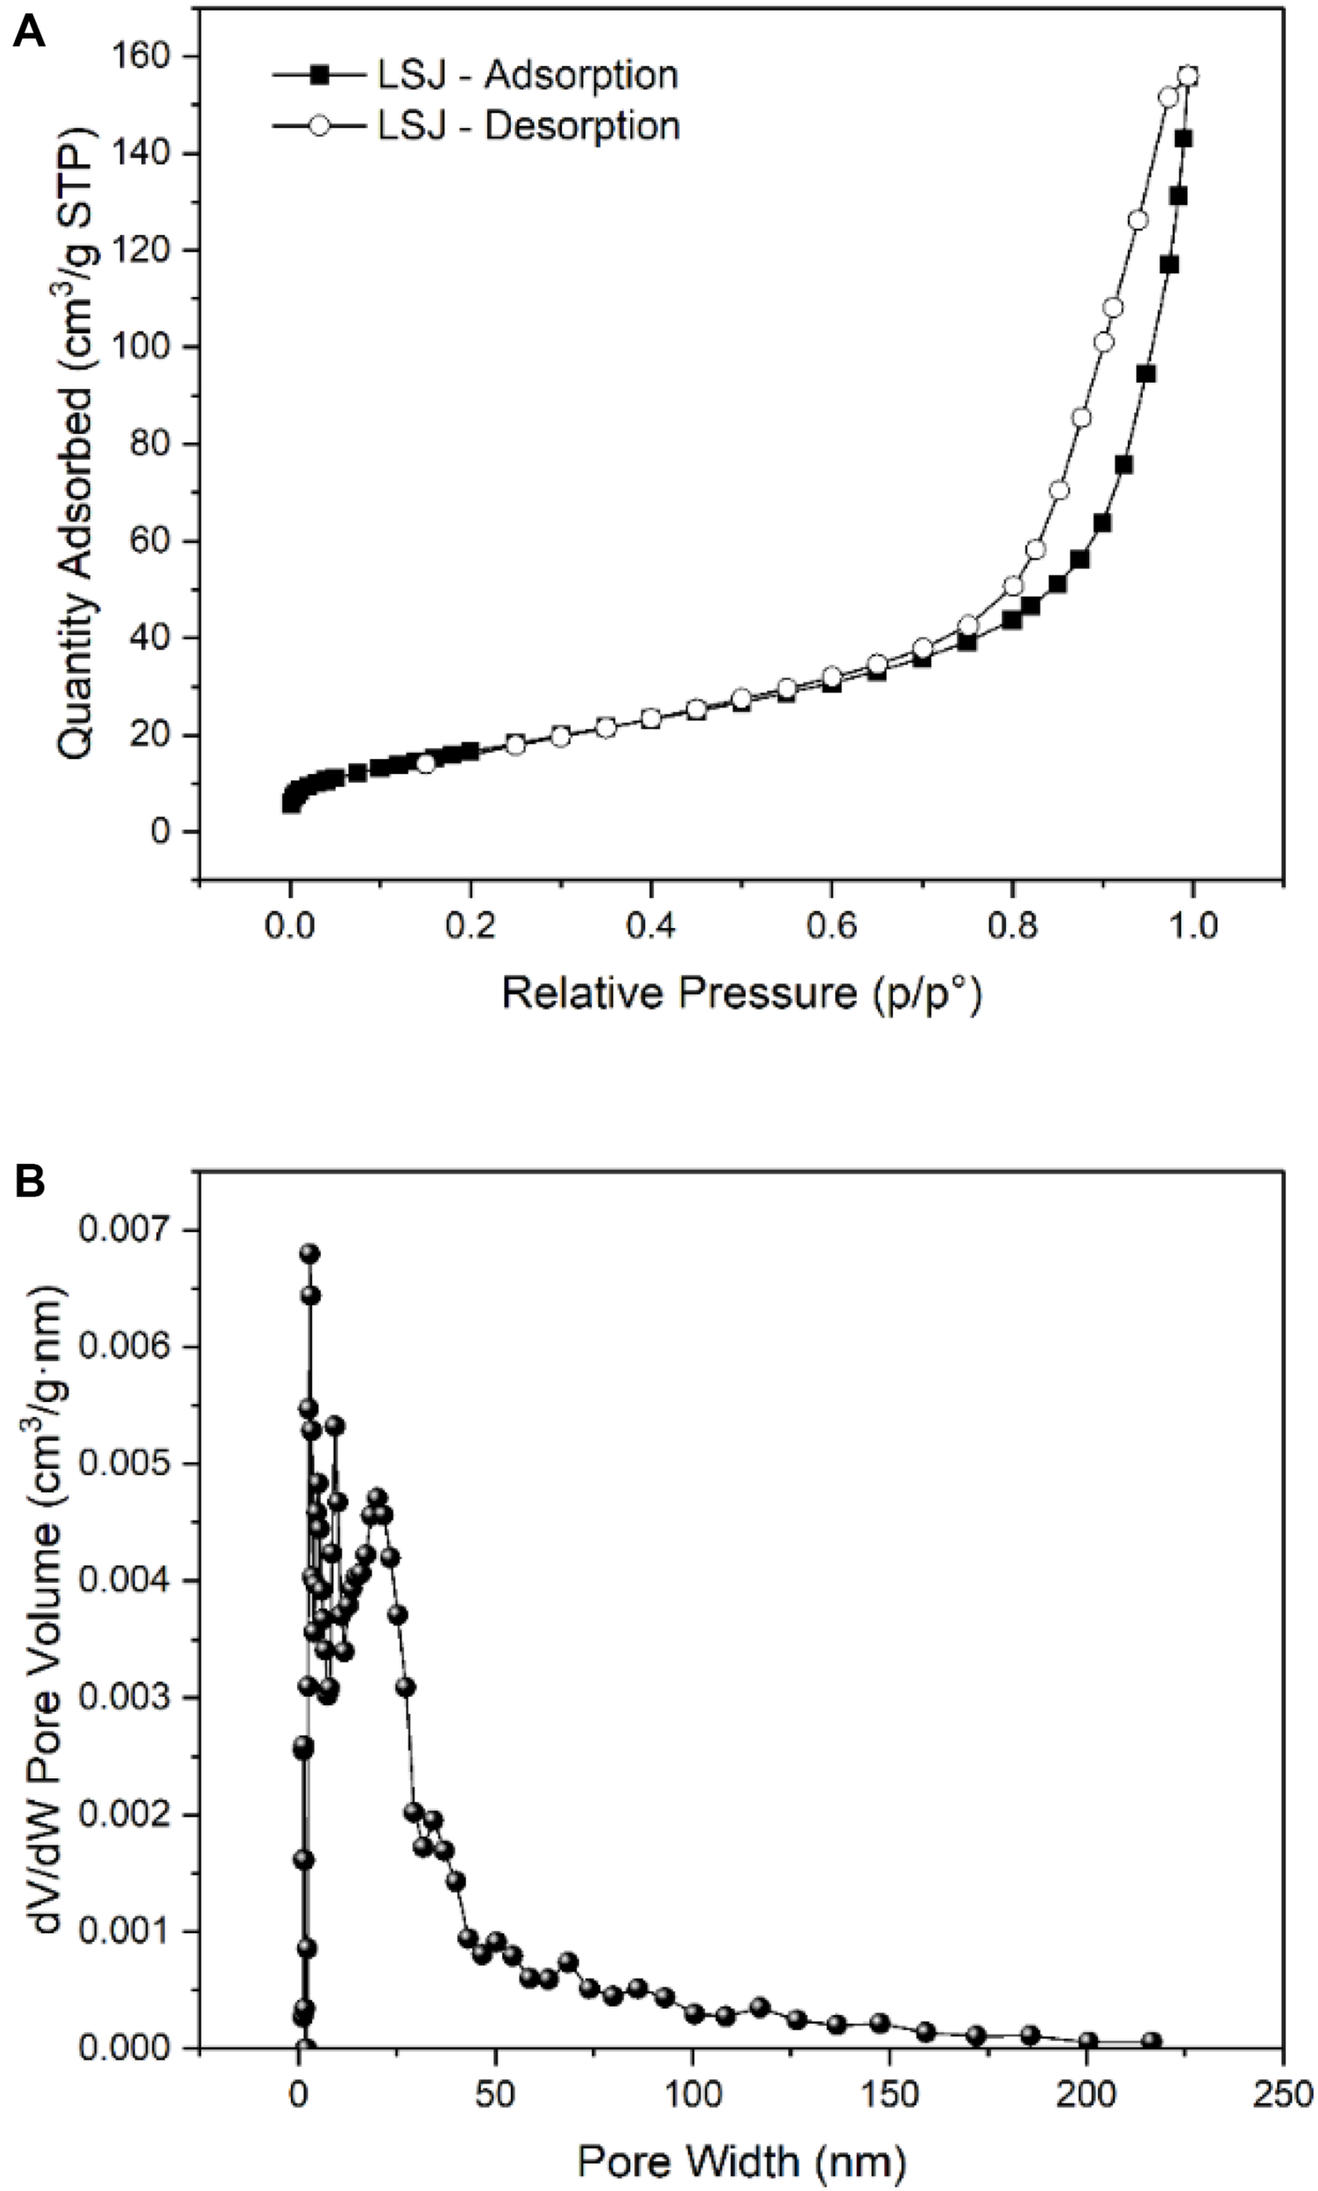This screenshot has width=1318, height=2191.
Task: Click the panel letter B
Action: [x=28, y=1184]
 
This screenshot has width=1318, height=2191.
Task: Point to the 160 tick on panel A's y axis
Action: [x=143, y=57]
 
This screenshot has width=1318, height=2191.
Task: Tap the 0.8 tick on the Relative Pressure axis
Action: [x=1012, y=926]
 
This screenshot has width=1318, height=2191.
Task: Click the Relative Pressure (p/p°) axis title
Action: [x=741, y=994]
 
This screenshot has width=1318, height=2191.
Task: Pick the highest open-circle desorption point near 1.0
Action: [x=1187, y=76]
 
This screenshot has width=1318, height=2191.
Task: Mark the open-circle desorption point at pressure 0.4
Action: [x=651, y=718]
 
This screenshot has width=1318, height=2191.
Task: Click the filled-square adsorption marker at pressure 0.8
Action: [x=1011, y=620]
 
